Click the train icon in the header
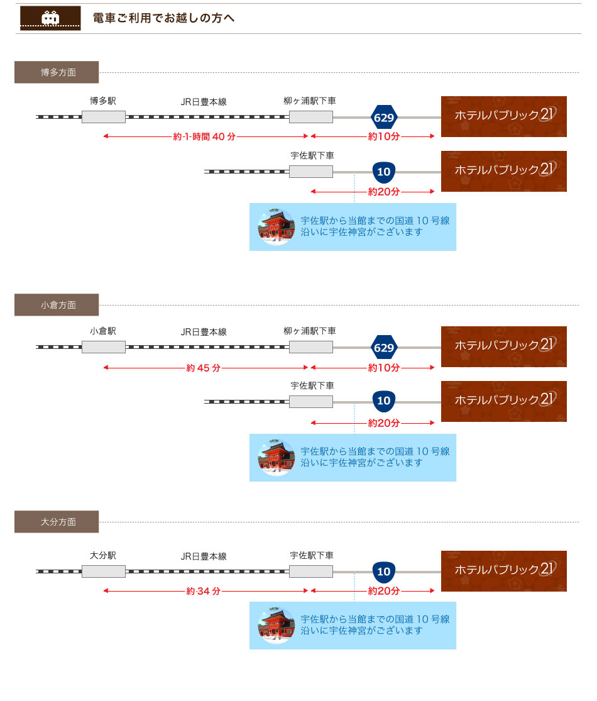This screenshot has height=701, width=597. pyautogui.click(x=50, y=18)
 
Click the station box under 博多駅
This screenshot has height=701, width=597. pyautogui.click(x=104, y=117)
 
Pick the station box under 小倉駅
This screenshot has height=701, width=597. pyautogui.click(x=104, y=347)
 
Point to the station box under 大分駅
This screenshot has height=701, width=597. pyautogui.click(x=104, y=571)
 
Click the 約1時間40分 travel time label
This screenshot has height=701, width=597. pyautogui.click(x=204, y=136)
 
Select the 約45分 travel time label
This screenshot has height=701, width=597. pyautogui.click(x=204, y=368)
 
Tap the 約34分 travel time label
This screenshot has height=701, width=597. pyautogui.click(x=204, y=592)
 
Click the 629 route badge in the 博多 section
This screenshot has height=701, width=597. pyautogui.click(x=384, y=118)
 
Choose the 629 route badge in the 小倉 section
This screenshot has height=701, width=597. pyautogui.click(x=384, y=348)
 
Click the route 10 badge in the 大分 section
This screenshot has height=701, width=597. pyautogui.click(x=384, y=572)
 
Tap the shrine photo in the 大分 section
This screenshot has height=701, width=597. pyautogui.click(x=277, y=626)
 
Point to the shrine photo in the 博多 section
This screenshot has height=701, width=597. pyautogui.click(x=277, y=227)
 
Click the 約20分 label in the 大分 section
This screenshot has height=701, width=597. pyautogui.click(x=384, y=592)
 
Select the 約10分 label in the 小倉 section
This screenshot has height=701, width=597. pyautogui.click(x=384, y=368)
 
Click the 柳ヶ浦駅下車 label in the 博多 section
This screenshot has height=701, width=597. pyautogui.click(x=310, y=101)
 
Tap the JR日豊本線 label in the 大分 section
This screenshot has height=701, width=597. pyautogui.click(x=204, y=556)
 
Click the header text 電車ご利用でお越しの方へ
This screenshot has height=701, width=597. pyautogui.click(x=163, y=18)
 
